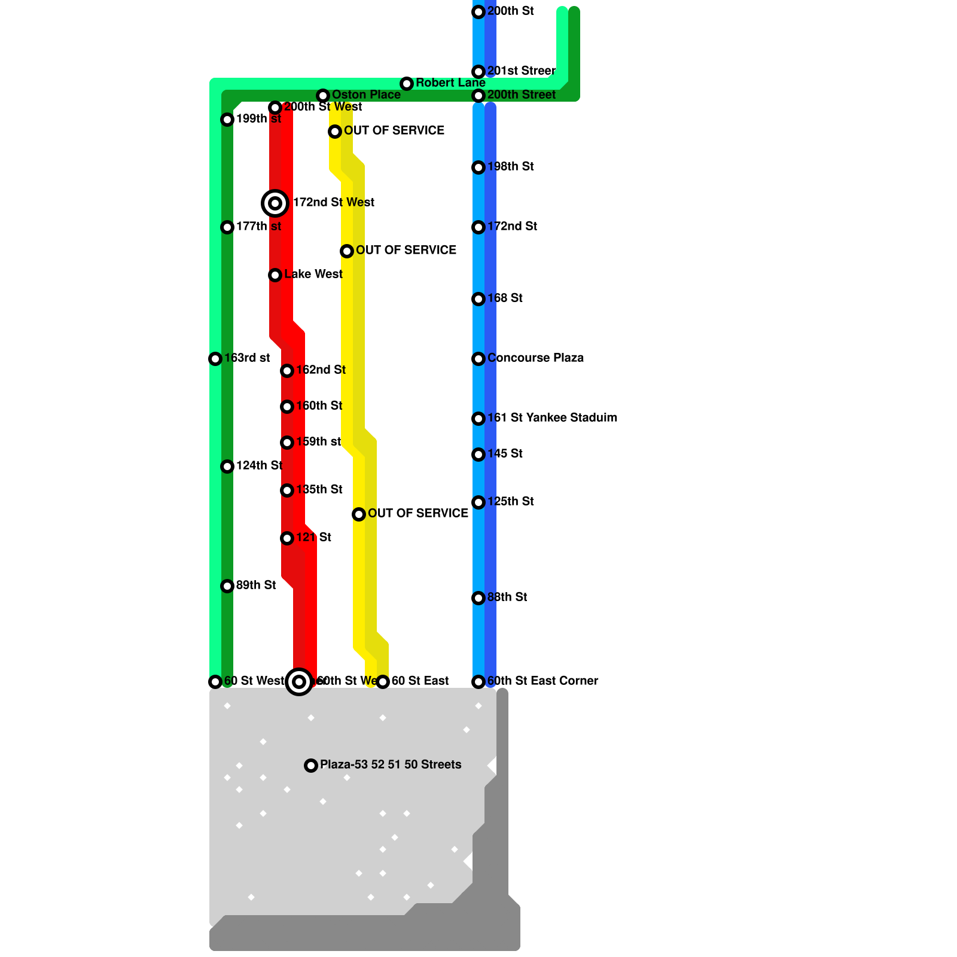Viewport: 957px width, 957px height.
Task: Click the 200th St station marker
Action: (x=478, y=12)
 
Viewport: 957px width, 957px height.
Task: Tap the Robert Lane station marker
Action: (x=407, y=84)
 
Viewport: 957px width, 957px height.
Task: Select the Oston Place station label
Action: (x=366, y=95)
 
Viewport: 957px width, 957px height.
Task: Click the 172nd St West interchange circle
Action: (x=275, y=203)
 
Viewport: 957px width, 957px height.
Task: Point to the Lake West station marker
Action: (x=275, y=275)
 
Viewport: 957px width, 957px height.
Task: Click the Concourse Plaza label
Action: (x=535, y=358)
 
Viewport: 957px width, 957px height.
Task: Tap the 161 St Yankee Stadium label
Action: (x=552, y=417)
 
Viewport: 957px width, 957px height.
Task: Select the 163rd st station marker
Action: (x=215, y=359)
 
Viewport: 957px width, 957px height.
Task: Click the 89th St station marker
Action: (x=227, y=586)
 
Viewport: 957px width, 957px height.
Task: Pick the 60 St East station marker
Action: (x=383, y=682)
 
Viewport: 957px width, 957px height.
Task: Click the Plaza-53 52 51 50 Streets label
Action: (x=391, y=764)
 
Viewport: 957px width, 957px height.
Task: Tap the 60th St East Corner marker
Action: (x=478, y=682)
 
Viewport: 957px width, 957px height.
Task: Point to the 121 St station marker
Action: (x=287, y=538)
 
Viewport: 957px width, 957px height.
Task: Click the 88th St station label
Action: (x=507, y=597)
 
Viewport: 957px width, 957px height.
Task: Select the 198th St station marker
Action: (x=478, y=167)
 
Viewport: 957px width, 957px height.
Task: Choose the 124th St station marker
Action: (x=227, y=467)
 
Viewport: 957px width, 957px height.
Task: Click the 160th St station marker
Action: (x=287, y=407)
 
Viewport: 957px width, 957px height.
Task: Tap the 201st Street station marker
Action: (x=478, y=72)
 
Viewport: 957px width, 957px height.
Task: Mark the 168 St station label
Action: (x=505, y=298)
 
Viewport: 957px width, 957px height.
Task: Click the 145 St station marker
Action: (x=478, y=455)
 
